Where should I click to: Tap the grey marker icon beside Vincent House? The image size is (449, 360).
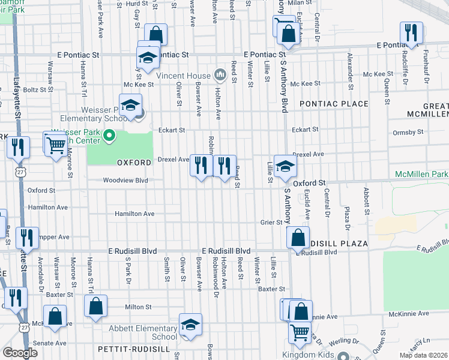coord(220,75)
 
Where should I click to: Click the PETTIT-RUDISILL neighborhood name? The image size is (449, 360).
coord(130,349)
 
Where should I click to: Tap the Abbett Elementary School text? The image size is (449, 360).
coord(143,332)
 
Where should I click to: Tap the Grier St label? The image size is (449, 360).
coord(271,222)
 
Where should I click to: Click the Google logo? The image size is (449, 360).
coord(20,353)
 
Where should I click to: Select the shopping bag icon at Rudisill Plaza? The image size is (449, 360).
coord(298,237)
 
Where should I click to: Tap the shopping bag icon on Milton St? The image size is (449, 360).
coord(95,306)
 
